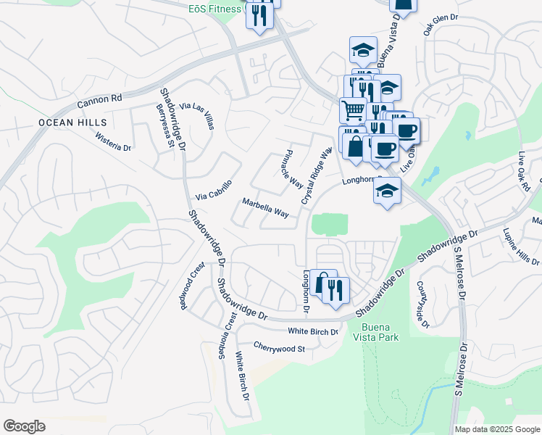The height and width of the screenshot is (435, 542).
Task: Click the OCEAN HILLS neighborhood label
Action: coord(72,123)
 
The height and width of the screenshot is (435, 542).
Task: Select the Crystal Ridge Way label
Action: coord(316,175)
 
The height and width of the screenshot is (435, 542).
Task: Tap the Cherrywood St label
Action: coord(280,349)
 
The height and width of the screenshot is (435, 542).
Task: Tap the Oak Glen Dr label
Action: coord(441,27)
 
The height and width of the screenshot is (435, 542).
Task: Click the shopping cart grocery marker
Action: coord(353,109)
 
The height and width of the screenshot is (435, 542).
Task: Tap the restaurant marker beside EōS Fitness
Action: coord(259,14)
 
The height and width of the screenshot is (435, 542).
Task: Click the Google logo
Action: coord(24,426)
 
